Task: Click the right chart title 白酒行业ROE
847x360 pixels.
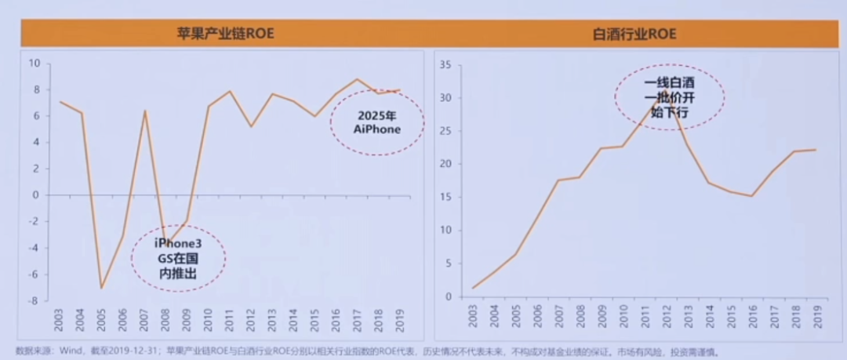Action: [x=635, y=34]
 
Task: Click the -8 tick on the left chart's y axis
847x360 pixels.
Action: [x=34, y=301]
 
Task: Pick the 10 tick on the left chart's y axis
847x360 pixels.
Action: [x=34, y=63]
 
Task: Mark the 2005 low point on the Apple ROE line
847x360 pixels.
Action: [x=102, y=288]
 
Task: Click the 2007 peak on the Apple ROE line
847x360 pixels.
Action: [x=144, y=111]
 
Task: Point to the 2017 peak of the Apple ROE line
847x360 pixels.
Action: [x=357, y=79]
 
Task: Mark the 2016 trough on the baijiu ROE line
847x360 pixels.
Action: [x=751, y=196]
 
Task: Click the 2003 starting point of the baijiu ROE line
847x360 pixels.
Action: [x=474, y=288]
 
